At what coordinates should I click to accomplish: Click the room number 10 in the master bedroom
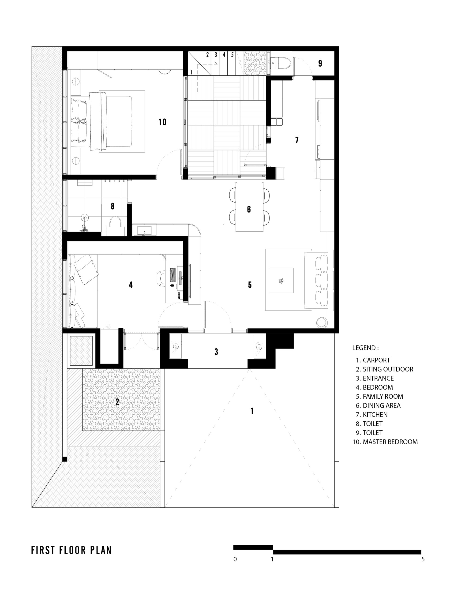click(162, 122)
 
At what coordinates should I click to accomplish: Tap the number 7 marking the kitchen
click(297, 140)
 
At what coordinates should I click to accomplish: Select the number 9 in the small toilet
click(320, 63)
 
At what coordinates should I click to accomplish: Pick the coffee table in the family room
click(281, 280)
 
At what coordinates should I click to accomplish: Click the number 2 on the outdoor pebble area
click(117, 402)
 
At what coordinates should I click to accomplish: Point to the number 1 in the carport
click(252, 411)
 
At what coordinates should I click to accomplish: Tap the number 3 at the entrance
click(216, 352)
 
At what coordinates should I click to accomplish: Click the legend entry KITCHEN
click(372, 414)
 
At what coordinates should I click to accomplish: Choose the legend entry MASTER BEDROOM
click(385, 442)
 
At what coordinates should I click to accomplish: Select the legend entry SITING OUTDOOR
click(385, 369)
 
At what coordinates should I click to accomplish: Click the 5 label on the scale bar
click(423, 559)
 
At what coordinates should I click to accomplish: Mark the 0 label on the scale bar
click(235, 559)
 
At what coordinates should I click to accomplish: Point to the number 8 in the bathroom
click(112, 206)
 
